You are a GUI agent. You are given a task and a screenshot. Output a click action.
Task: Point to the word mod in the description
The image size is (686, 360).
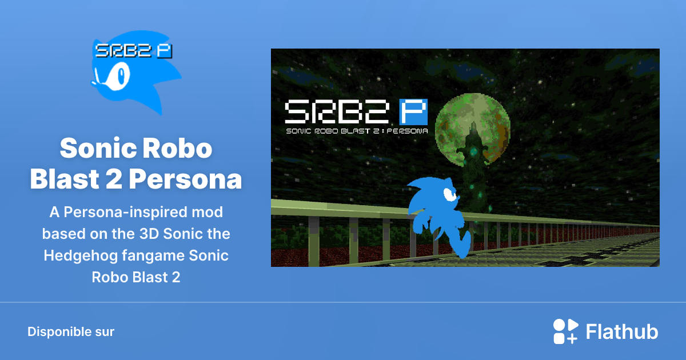point(207,213)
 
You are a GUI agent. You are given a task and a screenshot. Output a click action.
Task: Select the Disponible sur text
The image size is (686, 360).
point(71,331)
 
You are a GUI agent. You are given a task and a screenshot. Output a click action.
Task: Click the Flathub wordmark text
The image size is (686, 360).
point(622,331)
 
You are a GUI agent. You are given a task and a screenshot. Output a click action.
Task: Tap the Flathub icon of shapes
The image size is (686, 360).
point(565,331)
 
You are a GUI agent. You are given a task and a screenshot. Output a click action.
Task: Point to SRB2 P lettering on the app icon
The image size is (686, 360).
point(134,51)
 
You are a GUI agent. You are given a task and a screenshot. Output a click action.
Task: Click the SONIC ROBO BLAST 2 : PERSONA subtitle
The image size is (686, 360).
point(356,131)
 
